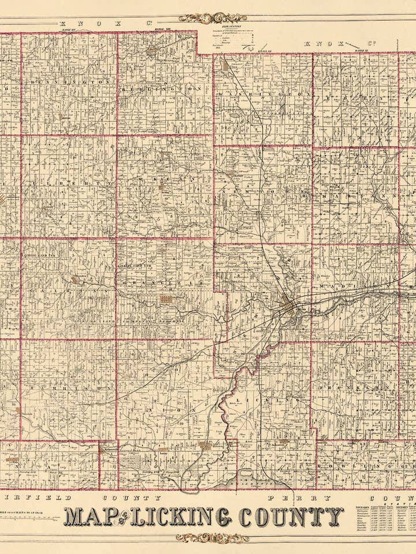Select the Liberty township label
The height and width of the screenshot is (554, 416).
(x=69, y=184)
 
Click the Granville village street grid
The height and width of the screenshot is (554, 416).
(x=166, y=300)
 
